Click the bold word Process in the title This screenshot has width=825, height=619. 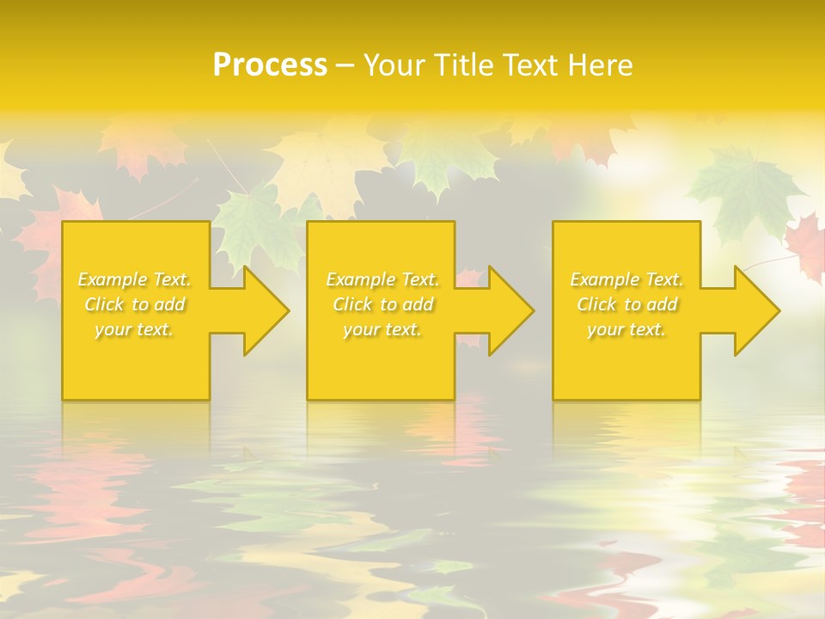pos(270,65)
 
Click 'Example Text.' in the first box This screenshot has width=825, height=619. pos(135,279)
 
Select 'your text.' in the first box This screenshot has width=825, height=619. pos(135,329)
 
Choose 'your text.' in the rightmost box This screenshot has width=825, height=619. pos(626,329)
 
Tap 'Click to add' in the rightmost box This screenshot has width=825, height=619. pos(626,304)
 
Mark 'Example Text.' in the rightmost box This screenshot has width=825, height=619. pos(626,279)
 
